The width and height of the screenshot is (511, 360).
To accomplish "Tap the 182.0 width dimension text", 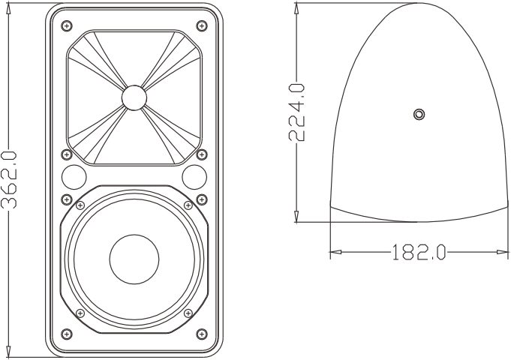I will [417, 252].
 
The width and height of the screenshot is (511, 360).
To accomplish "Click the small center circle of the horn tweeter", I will [133, 97].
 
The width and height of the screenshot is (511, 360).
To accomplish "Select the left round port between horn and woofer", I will [74, 177].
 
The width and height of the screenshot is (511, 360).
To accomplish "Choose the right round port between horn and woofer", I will [193, 177].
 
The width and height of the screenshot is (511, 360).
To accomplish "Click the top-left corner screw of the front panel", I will [67, 26].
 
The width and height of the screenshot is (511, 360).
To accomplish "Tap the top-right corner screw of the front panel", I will [200, 26].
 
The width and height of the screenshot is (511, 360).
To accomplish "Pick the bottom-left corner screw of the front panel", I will [67, 333].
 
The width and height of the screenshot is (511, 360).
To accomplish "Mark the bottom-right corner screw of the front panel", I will [200, 333].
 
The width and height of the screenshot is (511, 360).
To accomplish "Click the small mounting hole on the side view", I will [419, 114].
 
